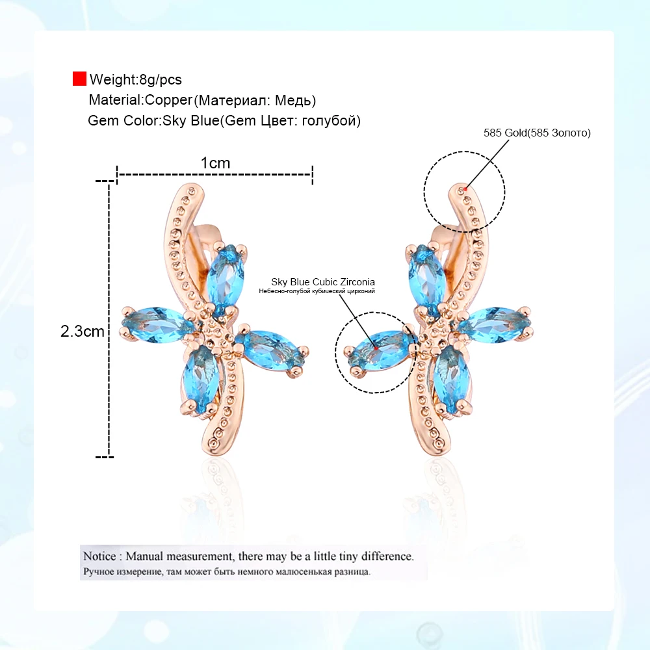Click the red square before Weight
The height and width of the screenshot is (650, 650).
(x=79, y=79)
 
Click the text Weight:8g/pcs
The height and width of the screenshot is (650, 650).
(x=136, y=80)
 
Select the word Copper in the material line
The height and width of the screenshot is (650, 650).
(x=169, y=100)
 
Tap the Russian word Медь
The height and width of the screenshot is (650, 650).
(x=293, y=101)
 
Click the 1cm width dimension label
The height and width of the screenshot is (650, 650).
(x=215, y=163)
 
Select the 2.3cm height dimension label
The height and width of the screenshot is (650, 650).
(x=83, y=331)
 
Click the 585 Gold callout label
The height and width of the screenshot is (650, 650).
(x=537, y=133)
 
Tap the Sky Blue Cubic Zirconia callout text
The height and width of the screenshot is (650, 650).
(x=323, y=281)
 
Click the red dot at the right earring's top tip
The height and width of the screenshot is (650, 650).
(x=465, y=188)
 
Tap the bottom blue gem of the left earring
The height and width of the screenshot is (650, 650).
(x=197, y=378)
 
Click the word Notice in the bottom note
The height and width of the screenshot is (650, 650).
(x=99, y=556)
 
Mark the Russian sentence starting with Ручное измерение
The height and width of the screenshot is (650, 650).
(x=226, y=573)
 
